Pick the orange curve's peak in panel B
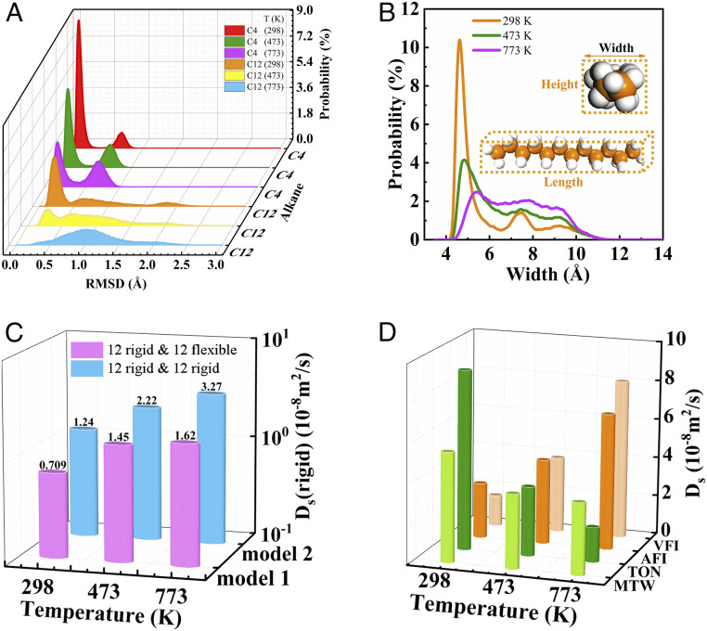tap(458, 41)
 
